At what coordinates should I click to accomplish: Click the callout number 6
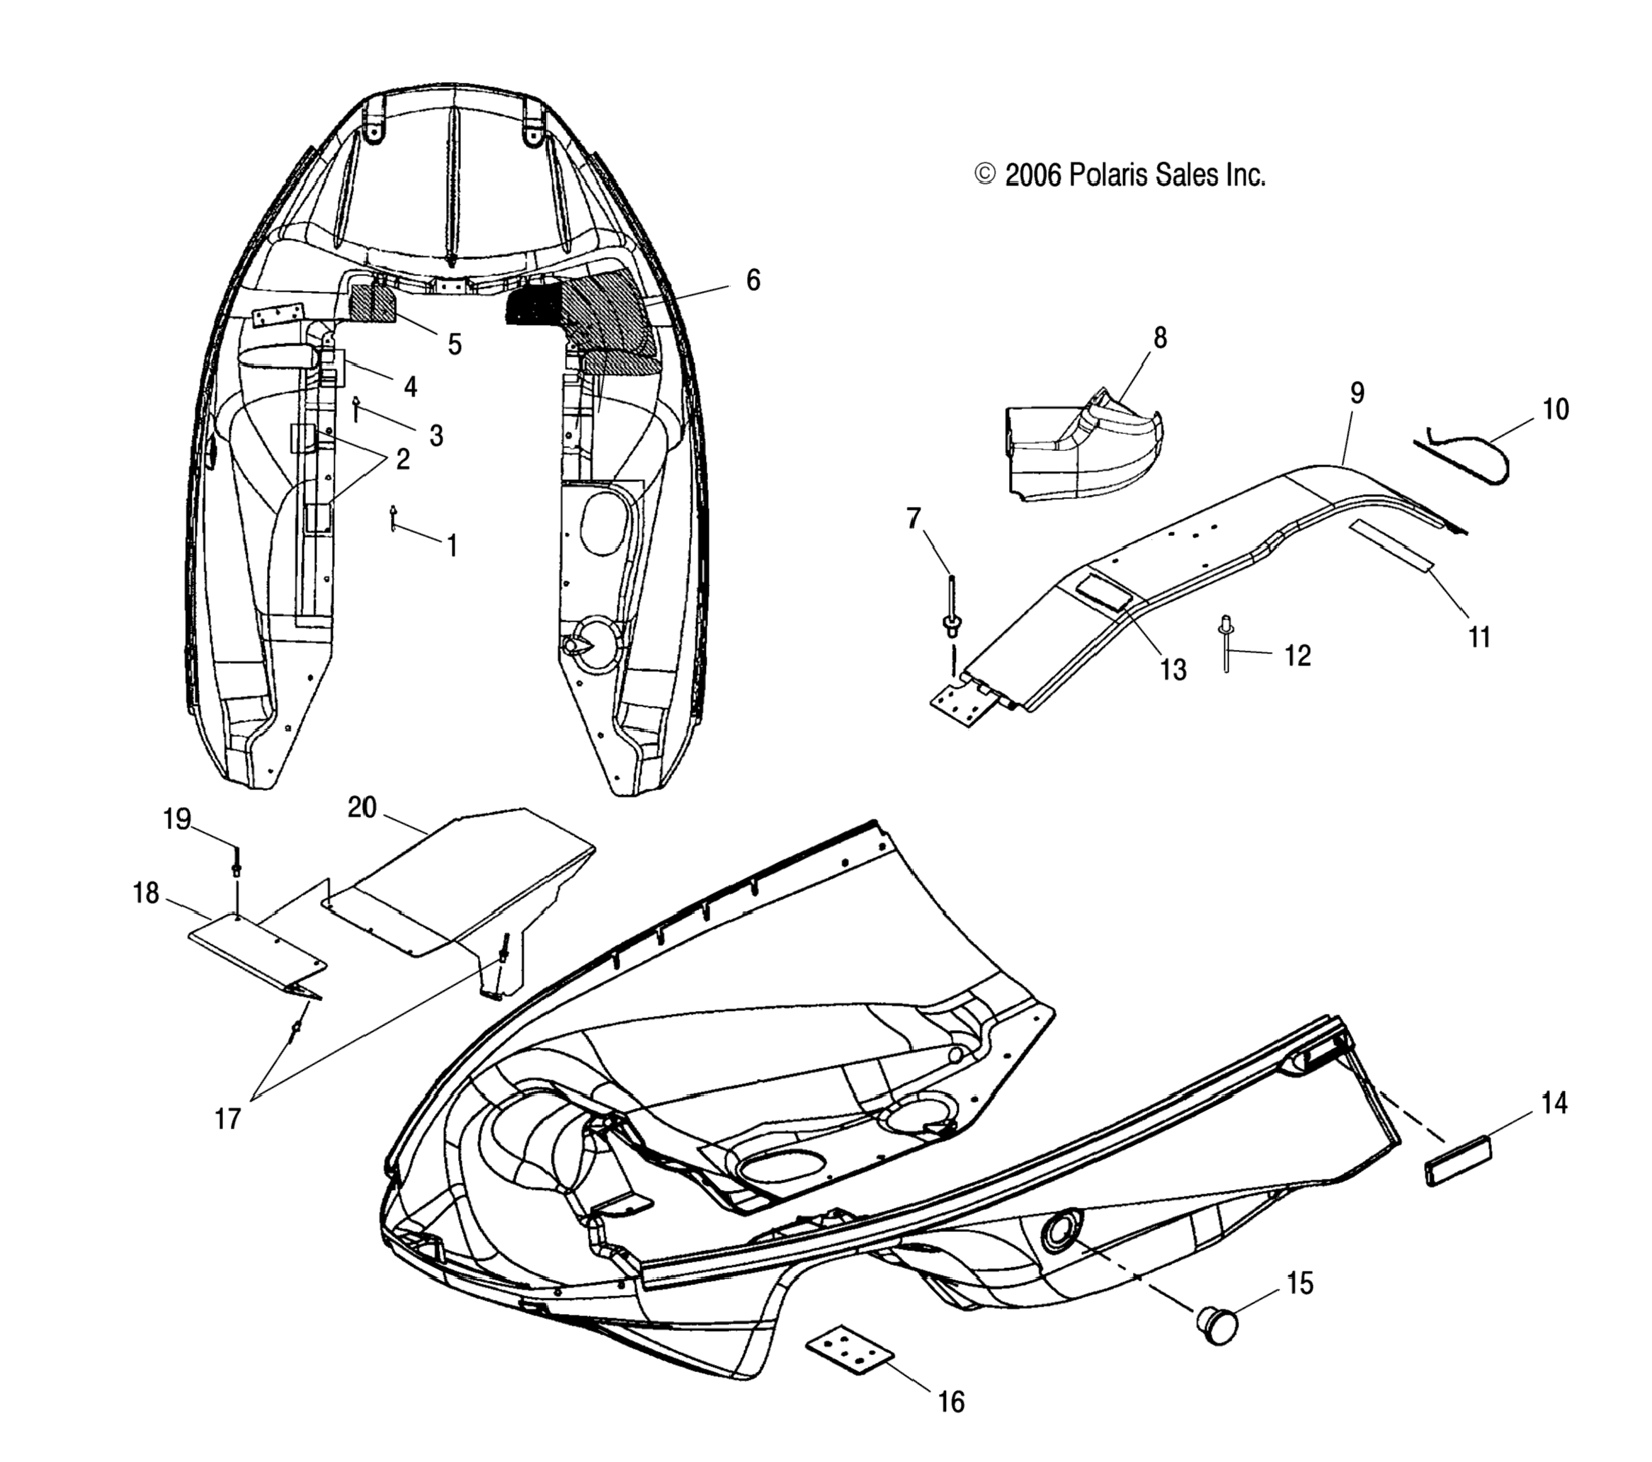pos(753,280)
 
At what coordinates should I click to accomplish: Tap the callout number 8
pos(1160,338)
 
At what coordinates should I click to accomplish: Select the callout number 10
pos(1555,410)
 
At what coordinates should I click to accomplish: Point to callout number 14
pos(1554,1103)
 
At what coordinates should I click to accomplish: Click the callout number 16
pos(951,1403)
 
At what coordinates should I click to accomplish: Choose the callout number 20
pos(362,807)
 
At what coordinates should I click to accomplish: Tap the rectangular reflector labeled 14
pos(1457,1161)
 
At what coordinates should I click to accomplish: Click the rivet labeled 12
pos(1227,644)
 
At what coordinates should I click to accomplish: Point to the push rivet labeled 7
pos(952,615)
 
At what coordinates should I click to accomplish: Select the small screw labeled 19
pos(236,862)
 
